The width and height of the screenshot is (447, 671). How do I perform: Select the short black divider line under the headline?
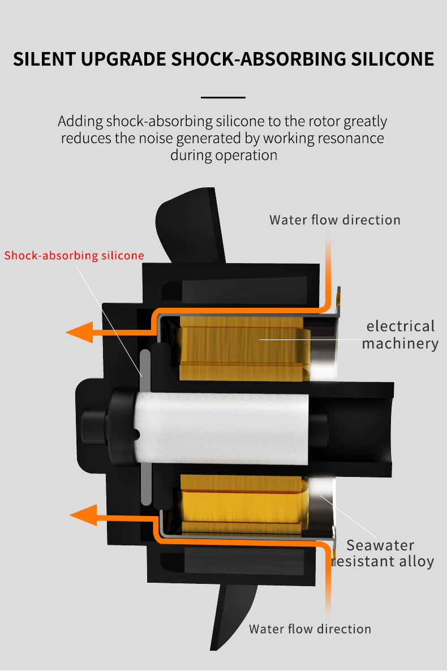[x=223, y=97]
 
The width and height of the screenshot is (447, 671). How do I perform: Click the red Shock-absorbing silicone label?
[x=74, y=255]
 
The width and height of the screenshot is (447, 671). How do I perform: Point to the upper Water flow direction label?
[x=334, y=220]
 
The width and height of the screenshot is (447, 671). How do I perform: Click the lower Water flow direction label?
[x=310, y=629]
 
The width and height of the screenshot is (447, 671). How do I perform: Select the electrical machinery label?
[x=400, y=334]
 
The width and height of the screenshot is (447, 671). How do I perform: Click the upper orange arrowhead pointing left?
[x=79, y=332]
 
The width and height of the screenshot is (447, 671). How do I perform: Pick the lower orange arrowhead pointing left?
[x=83, y=515]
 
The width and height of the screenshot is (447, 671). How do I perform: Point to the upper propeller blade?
[x=190, y=226]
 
